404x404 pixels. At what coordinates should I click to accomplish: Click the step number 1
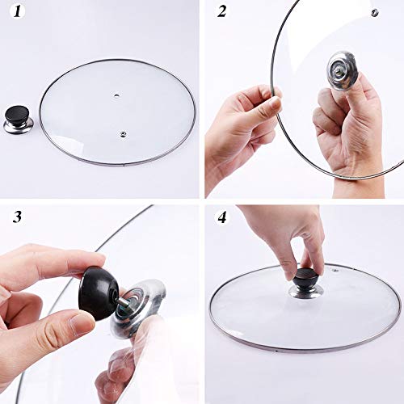point(17,15)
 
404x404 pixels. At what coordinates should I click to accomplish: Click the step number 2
point(220,15)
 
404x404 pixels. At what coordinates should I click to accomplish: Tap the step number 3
point(17,217)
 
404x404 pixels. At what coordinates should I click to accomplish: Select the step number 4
point(220,217)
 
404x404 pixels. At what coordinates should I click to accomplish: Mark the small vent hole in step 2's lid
point(374,12)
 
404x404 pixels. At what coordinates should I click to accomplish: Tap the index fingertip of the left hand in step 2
point(272,103)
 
